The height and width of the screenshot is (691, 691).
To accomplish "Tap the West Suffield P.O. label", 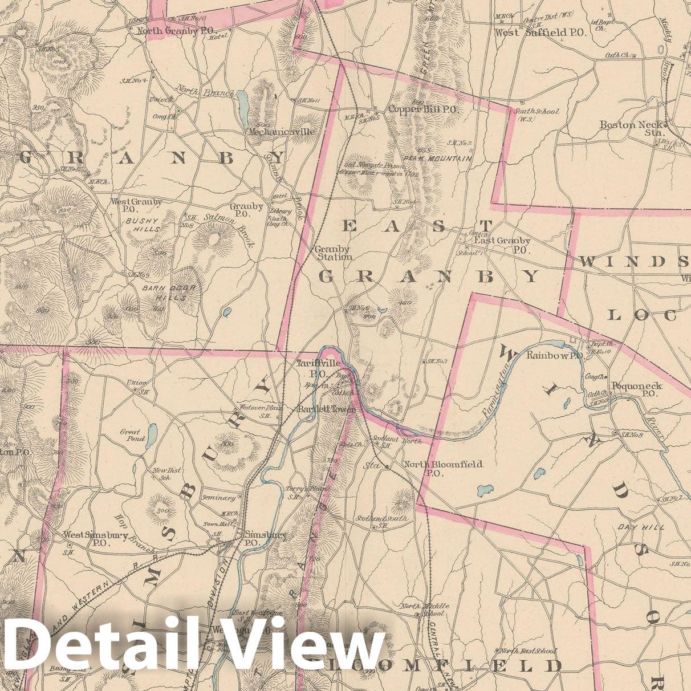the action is tap(540, 32).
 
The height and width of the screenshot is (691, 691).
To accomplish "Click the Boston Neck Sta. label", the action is tap(631, 128).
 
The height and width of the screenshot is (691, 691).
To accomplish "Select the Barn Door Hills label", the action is tap(169, 292).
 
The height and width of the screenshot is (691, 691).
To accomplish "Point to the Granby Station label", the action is tap(333, 253).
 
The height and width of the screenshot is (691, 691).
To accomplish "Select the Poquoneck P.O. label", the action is tap(636, 389).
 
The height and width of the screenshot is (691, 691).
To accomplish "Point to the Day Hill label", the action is tap(641, 527).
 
